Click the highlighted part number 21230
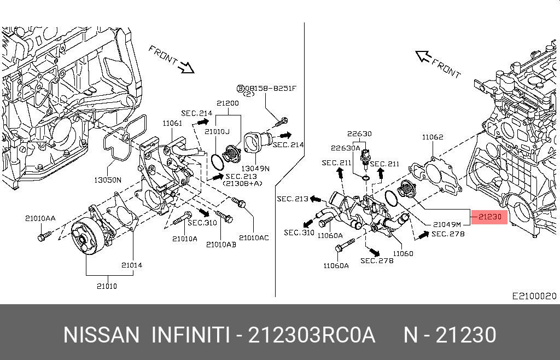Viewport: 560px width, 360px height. [x=490, y=217]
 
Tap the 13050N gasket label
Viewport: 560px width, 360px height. [x=107, y=179]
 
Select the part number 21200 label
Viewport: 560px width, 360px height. [x=227, y=103]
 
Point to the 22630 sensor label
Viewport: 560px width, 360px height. [x=359, y=134]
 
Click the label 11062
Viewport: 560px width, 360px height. [x=432, y=137]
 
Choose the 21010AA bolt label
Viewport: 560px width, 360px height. [x=40, y=218]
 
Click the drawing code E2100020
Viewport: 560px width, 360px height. [x=534, y=296]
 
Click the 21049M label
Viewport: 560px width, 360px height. [x=447, y=224]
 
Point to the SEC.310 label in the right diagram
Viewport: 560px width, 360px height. [x=299, y=233]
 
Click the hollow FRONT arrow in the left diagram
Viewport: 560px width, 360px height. [x=188, y=68]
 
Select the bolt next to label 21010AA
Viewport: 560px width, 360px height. [x=43, y=237]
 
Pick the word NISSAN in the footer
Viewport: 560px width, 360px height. [x=101, y=334]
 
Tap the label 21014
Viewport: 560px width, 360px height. [x=132, y=265]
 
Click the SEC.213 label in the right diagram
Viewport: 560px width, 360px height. [x=293, y=199]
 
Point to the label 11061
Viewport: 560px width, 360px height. [x=172, y=124]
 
